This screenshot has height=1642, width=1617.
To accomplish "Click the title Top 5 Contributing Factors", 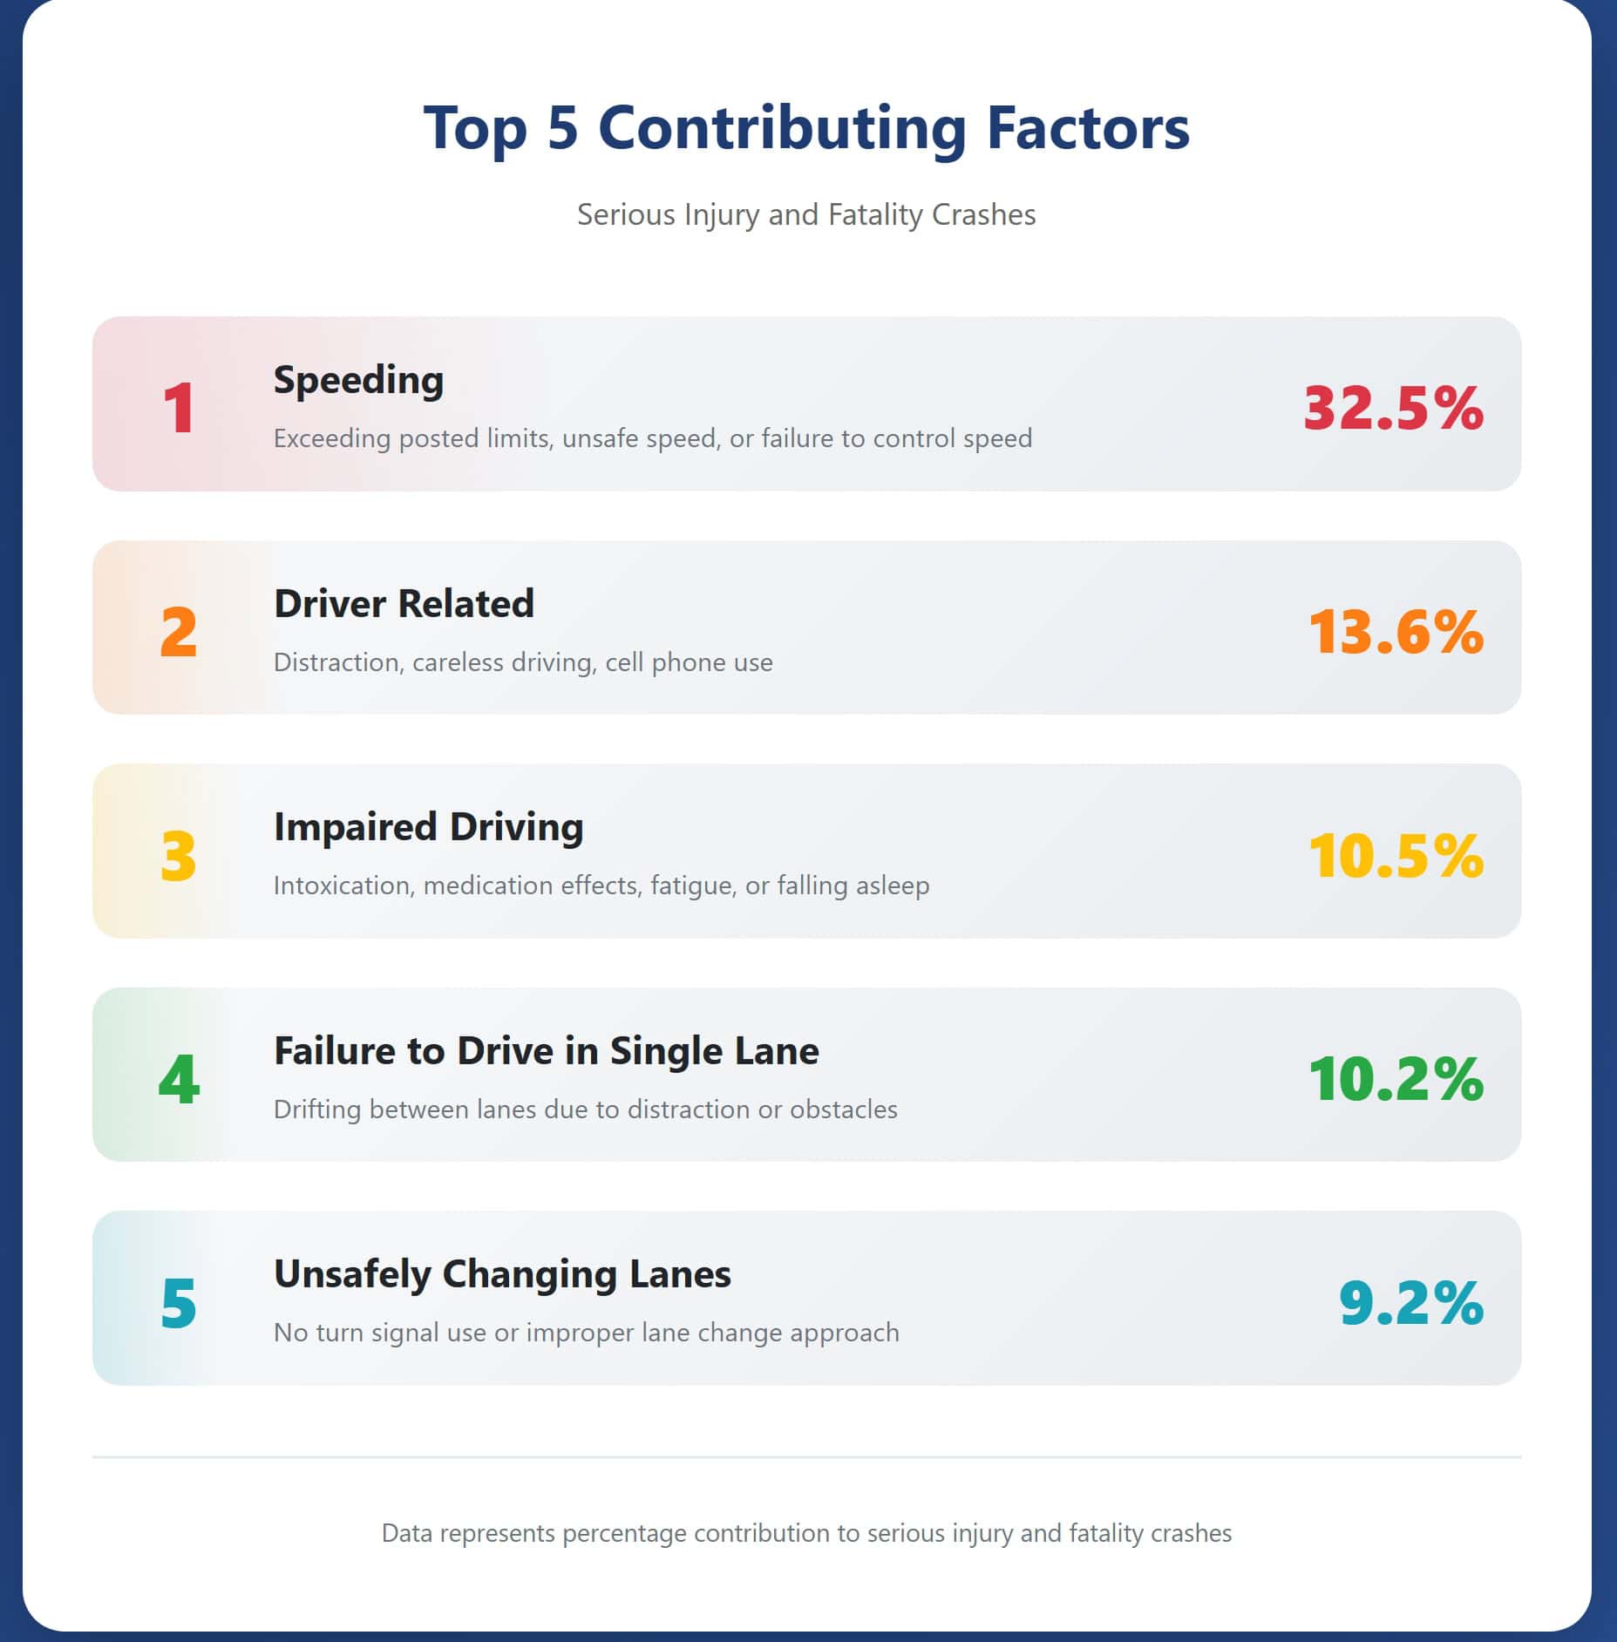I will pos(806,128).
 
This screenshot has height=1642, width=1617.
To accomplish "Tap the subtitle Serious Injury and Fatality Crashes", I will pos(806,214).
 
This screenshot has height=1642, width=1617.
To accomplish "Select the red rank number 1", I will pos(180,408).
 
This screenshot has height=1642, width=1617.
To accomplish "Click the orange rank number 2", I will pos(179,632).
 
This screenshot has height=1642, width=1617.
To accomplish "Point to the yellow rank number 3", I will pos(179,856).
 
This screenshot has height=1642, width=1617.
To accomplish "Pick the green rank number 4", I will pos(179,1079).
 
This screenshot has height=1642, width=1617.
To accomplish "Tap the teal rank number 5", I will pos(179,1303).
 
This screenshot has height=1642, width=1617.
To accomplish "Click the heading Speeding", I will pos(358,380).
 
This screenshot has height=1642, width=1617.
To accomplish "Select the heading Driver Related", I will pos(404,603).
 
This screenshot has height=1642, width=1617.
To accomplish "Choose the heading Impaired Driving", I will pos(428,826).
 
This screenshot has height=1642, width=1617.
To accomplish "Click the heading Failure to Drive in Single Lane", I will pos(546,1050).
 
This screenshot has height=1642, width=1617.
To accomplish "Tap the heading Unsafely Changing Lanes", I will pos(502,1273).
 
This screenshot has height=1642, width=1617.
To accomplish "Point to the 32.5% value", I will pos(1393,408).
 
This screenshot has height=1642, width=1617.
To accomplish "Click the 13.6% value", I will pos(1396,632).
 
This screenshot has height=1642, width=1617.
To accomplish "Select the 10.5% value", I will pos(1396,856).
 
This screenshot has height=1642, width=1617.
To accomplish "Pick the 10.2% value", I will pos(1396,1079).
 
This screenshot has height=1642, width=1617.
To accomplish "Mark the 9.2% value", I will pos(1410,1303).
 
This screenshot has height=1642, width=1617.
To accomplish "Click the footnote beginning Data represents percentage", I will pos(806,1533).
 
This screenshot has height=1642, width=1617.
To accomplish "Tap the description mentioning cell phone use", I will pos(523,662).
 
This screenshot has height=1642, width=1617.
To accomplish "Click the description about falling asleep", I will pos(601,885).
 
